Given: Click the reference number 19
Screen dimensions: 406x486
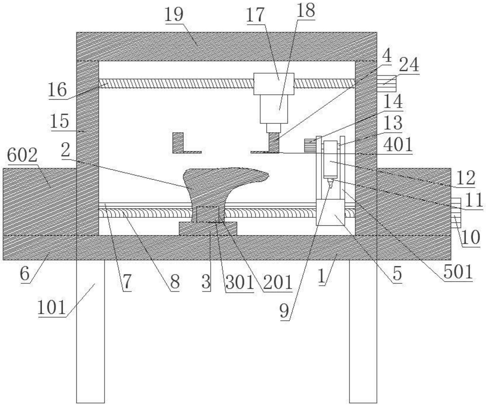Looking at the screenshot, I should tap(174, 14).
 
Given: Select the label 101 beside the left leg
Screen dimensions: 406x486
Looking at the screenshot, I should tap(52, 307).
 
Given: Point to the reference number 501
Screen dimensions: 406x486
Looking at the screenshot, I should tap(458, 272).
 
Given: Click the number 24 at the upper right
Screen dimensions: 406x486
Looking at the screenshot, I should tap(409, 65).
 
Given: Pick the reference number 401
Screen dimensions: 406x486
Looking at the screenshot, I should tap(398, 145).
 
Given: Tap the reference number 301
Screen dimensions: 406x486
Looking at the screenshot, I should tap(239, 282).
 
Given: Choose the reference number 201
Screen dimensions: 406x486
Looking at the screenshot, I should tap(278, 282).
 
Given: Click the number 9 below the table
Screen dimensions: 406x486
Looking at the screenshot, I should tap(284, 311).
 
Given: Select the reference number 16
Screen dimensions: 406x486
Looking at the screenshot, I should tap(58, 90).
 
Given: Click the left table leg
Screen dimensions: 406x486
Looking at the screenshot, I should tap(90, 329).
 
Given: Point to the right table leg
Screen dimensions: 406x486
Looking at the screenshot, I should tap(363, 329).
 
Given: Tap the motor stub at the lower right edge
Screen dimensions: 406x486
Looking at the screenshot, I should tap(456, 212).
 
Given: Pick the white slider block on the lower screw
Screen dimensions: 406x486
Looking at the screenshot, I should tap(330, 212).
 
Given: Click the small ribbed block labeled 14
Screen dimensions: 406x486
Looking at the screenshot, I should tap(310, 145).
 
